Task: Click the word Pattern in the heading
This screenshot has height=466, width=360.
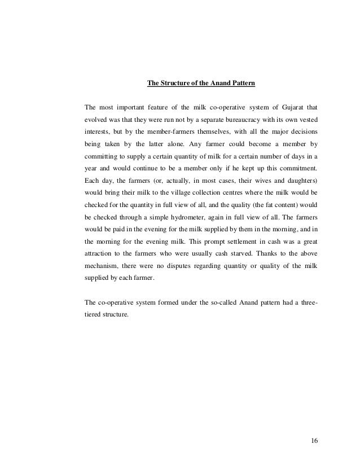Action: point(242,84)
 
